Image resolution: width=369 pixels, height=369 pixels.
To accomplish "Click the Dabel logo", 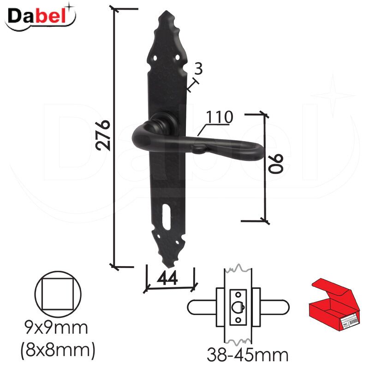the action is [40, 17].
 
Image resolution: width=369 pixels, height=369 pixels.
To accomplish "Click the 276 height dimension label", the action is [103, 135].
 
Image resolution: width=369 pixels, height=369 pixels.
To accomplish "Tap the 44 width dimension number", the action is [167, 278].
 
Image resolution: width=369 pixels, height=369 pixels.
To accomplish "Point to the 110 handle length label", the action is [220, 117].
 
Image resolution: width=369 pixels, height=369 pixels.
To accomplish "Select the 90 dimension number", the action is [276, 164].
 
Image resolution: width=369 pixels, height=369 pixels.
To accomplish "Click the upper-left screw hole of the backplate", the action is [155, 58].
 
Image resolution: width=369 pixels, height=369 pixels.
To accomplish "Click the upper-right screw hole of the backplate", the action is [177, 57].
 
